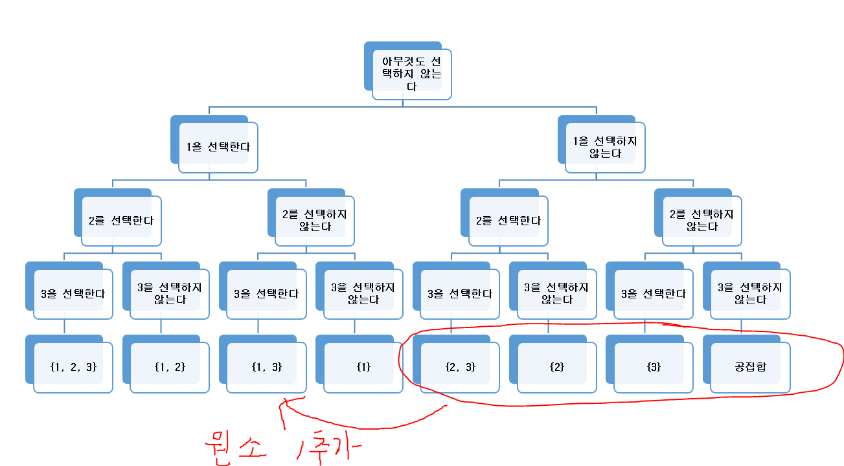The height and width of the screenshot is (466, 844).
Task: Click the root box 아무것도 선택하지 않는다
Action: click(411, 74)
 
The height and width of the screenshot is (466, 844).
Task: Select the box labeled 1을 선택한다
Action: click(218, 147)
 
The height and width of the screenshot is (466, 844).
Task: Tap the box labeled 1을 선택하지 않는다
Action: click(605, 147)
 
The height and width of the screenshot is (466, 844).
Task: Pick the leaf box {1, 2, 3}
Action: click(73, 367)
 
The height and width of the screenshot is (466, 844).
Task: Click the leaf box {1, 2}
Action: click(170, 367)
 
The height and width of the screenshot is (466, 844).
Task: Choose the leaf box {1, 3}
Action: click(266, 367)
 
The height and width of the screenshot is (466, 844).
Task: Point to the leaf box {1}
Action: click(363, 367)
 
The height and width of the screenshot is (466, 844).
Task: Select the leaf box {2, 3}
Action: click(460, 367)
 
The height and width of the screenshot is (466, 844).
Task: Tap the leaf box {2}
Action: click(556, 367)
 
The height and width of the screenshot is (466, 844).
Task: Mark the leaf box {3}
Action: click(653, 367)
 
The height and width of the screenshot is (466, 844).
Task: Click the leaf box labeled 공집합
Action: click(750, 367)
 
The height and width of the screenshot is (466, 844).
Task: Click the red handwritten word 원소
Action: click(233, 445)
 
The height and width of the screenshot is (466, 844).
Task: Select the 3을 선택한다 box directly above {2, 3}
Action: click(460, 294)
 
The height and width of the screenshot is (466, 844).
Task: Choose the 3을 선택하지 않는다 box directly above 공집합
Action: click(750, 294)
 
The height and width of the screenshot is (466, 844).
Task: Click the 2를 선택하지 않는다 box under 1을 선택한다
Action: click(314, 221)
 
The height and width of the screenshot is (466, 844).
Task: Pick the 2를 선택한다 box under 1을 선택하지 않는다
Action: click(508, 221)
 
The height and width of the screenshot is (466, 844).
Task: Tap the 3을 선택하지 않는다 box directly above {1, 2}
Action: click(170, 294)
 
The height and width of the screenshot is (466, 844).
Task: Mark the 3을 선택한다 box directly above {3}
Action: click(653, 294)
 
